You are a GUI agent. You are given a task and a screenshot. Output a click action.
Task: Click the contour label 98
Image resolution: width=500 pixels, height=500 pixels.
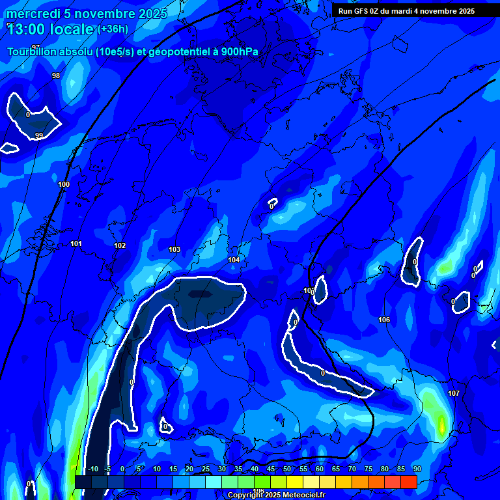(56, 76)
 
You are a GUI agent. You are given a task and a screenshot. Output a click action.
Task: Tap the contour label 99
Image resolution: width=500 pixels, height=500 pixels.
(39, 136)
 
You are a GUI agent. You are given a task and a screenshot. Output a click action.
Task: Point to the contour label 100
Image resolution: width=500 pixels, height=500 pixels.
(64, 185)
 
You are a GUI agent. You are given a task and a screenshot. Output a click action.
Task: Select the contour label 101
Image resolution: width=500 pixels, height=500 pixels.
(76, 244)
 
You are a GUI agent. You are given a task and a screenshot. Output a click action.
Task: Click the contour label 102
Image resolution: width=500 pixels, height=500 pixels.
(120, 246)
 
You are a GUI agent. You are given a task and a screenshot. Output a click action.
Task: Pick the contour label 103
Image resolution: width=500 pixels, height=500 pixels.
(174, 250)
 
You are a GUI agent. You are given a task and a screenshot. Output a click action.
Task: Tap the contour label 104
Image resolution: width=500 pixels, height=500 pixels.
(234, 260)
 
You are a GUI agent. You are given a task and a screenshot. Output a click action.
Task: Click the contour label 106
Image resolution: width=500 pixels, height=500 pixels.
(384, 320)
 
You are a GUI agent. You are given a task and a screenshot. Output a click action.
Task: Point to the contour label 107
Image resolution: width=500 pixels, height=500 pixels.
(454, 394)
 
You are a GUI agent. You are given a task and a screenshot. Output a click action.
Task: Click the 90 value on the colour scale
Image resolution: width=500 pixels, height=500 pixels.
(417, 469)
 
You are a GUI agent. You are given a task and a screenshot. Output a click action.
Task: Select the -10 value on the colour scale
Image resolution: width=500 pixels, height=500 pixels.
(92, 469)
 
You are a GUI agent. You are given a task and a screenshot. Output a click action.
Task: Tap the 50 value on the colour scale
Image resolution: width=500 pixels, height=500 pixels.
(287, 469)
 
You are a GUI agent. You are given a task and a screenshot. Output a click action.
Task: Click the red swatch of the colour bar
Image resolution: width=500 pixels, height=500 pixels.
(408, 482)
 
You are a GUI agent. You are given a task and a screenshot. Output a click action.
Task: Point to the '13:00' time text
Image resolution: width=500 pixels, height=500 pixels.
(29, 29)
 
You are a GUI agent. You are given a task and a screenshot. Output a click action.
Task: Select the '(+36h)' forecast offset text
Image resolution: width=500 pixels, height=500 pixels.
(113, 29)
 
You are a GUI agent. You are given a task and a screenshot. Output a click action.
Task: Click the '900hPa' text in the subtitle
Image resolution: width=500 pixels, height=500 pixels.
(236, 52)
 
